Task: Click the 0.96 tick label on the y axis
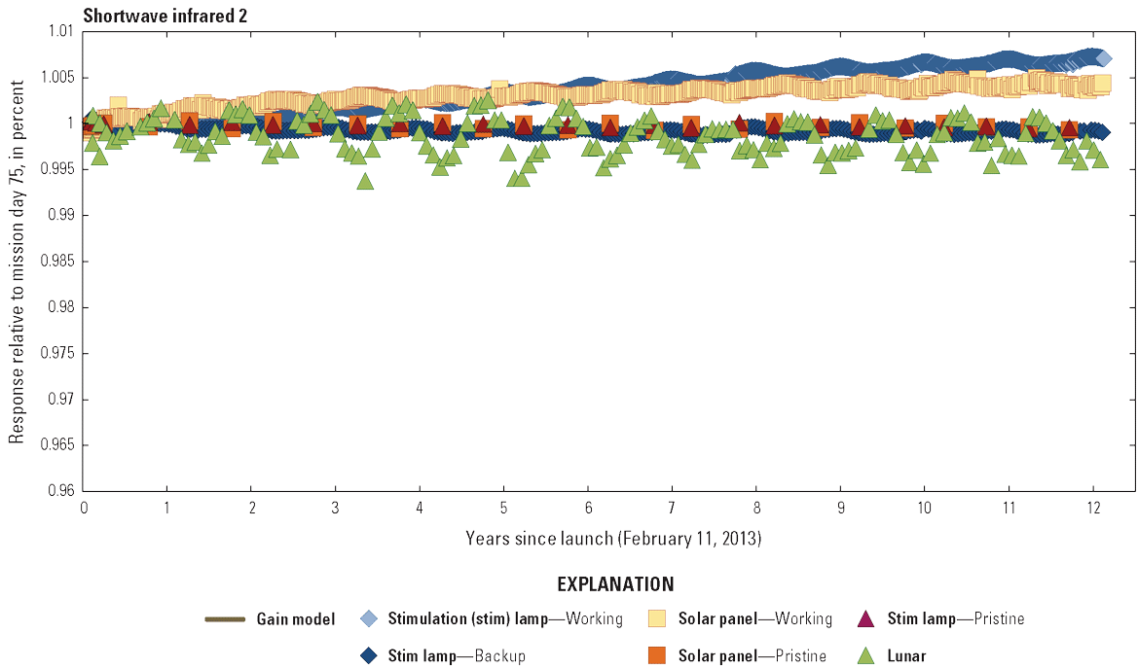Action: click(x=60, y=491)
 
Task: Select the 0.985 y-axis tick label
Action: click(x=56, y=262)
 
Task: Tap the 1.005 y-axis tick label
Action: click(x=56, y=78)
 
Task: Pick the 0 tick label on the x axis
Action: click(x=85, y=509)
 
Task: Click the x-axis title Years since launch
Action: click(x=612, y=538)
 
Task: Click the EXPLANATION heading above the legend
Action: click(x=615, y=584)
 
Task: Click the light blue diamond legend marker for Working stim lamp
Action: click(x=368, y=619)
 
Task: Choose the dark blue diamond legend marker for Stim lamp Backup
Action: click(x=368, y=656)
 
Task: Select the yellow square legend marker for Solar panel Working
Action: click(x=658, y=619)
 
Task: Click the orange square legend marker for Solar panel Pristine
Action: click(x=658, y=656)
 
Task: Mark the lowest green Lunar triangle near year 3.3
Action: click(x=365, y=181)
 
